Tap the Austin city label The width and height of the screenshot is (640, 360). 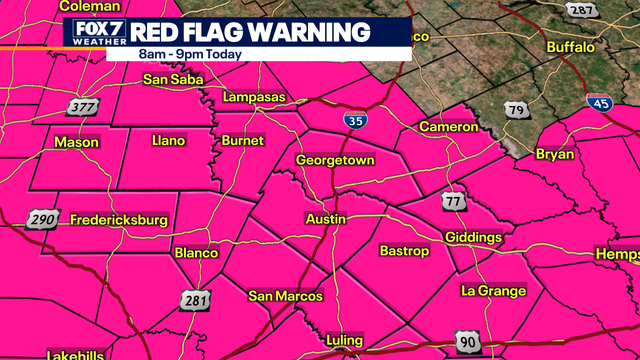point(326,218)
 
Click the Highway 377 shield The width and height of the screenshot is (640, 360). point(82,107)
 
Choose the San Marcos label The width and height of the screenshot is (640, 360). point(286,296)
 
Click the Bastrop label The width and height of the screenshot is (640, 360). point(404,250)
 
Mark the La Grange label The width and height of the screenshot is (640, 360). point(493,291)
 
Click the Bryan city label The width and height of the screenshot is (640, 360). point(555,154)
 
